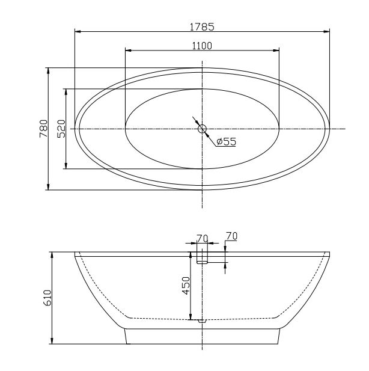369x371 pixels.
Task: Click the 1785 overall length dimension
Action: [202, 26]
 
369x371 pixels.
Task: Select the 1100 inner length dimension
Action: [202, 46]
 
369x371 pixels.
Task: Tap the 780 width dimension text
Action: [43, 129]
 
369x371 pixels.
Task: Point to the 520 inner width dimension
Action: [61, 129]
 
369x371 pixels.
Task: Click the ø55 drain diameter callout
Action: [227, 141]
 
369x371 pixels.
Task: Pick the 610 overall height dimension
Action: [47, 298]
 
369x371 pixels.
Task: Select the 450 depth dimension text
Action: [186, 286]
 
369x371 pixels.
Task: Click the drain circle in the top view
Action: [202, 129]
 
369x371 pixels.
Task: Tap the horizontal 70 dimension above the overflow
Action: [203, 239]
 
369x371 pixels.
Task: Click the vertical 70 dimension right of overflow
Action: [231, 236]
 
